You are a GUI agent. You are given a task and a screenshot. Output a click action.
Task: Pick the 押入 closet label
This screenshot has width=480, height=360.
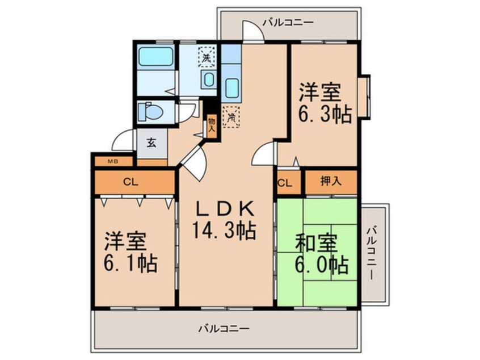pyautogui.click(x=331, y=183)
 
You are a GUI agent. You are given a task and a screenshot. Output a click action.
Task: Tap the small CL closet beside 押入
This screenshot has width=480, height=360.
pyautogui.click(x=285, y=183)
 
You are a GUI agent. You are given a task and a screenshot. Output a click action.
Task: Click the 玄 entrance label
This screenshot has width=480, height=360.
pyautogui.click(x=152, y=143)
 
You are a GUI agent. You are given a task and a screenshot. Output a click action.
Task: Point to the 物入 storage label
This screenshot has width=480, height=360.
pyautogui.click(x=211, y=124)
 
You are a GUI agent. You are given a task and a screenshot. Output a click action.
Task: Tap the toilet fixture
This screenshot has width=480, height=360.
pyautogui.click(x=151, y=111)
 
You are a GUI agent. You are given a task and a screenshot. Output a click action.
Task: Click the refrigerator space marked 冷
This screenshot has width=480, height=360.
pyautogui.click(x=231, y=118)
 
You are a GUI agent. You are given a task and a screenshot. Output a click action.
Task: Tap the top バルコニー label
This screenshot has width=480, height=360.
pyautogui.click(x=288, y=23)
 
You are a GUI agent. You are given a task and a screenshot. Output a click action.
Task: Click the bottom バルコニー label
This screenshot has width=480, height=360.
pyautogui.click(x=224, y=328)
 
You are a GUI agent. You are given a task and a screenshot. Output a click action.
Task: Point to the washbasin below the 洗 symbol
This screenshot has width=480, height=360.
pyautogui.click(x=208, y=79)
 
